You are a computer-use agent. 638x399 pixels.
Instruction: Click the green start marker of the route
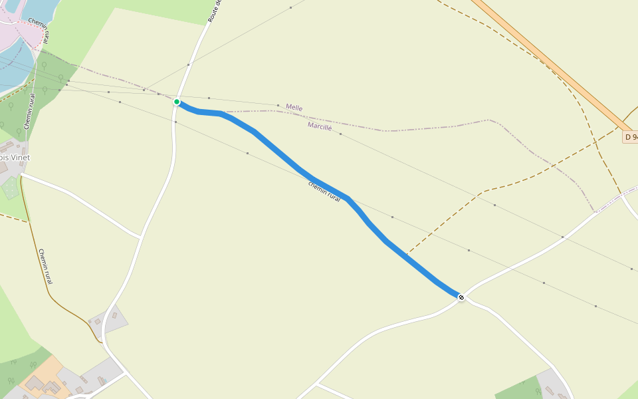pos(177,102)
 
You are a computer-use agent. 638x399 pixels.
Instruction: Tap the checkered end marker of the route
pos(461,297)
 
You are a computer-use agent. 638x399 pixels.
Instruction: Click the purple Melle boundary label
pos(294,108)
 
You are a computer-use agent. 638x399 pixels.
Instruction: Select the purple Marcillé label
pos(320,126)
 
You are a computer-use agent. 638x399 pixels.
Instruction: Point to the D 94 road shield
pos(630,137)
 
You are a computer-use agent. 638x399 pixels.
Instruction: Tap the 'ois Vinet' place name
pos(15,158)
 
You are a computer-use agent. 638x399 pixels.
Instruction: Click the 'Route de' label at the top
pos(214,11)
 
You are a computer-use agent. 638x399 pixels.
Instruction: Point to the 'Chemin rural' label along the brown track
pos(45,266)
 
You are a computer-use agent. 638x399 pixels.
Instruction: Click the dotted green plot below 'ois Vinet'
pos(11,188)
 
